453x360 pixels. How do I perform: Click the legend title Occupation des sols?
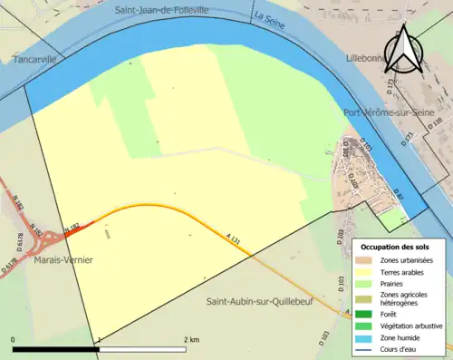coord(397,247)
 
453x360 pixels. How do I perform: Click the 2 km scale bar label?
coord(191,339)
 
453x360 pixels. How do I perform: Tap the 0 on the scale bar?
coord(14,339)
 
